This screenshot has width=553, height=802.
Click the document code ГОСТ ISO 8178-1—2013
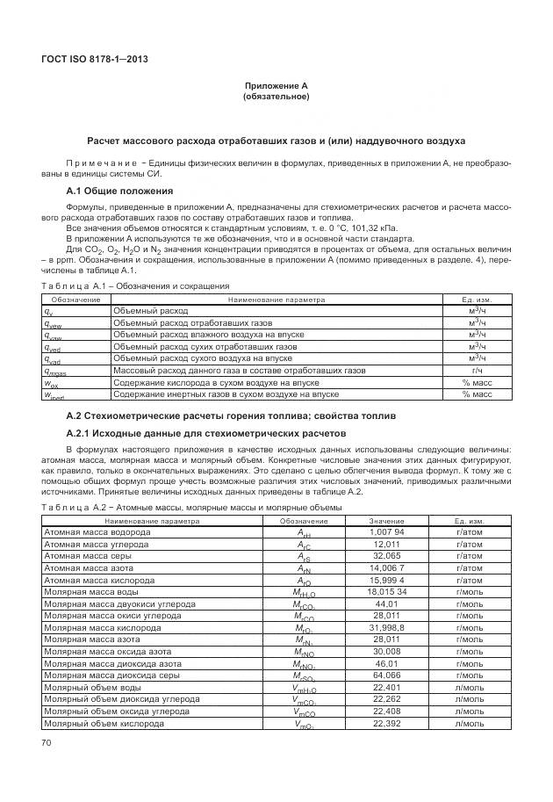[94, 59]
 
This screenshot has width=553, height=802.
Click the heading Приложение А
[276, 85]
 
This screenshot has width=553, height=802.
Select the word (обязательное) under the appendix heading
[276, 97]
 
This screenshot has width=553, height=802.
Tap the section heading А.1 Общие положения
[119, 191]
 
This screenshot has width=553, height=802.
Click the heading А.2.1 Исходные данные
[206, 433]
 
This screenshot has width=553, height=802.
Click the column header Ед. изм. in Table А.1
[474, 300]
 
